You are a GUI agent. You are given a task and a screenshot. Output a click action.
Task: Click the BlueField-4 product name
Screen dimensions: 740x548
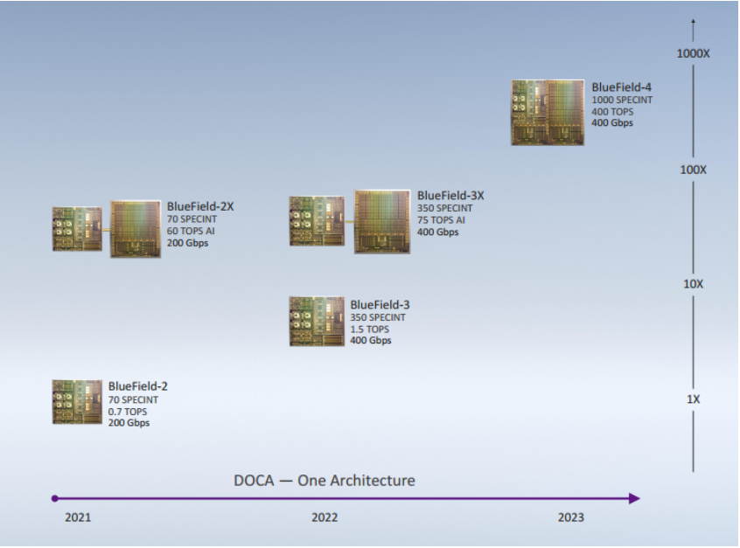click(621, 87)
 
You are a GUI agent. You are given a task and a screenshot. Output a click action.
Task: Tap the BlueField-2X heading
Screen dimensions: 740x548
click(200, 206)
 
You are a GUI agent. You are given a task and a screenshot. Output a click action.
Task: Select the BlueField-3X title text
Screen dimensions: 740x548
click(450, 196)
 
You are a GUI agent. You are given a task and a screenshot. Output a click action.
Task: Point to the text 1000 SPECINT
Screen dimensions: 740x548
click(622, 100)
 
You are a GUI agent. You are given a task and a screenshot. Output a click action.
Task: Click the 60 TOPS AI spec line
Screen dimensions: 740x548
click(191, 231)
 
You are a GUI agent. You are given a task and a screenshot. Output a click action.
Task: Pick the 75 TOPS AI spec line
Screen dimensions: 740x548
click(441, 220)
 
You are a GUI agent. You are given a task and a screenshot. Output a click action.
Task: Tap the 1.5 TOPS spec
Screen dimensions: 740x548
click(369, 329)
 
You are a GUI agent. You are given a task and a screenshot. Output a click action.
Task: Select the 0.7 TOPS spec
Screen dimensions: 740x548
click(128, 412)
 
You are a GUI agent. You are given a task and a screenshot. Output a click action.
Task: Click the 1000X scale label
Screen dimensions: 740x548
click(693, 54)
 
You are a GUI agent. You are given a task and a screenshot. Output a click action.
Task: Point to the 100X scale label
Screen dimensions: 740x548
click(693, 170)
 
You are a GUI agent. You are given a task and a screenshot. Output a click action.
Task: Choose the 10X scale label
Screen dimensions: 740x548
click(693, 284)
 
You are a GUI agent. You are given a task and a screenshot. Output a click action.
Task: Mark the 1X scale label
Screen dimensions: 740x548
click(693, 399)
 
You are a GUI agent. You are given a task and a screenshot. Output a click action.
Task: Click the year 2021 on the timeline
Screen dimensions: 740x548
click(78, 517)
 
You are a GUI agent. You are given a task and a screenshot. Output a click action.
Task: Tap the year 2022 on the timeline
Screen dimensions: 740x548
click(325, 517)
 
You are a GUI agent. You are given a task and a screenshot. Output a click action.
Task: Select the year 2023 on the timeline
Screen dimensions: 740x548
click(571, 517)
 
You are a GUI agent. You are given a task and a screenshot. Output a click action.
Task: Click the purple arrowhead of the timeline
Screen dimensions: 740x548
click(634, 498)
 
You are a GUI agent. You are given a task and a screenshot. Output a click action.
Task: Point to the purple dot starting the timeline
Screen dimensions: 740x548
click(55, 498)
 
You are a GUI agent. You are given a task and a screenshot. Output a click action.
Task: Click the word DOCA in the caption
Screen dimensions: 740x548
click(254, 481)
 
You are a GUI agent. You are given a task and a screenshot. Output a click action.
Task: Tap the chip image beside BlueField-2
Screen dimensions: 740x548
click(77, 402)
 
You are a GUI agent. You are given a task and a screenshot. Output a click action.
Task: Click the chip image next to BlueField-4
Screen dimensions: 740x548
click(548, 112)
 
